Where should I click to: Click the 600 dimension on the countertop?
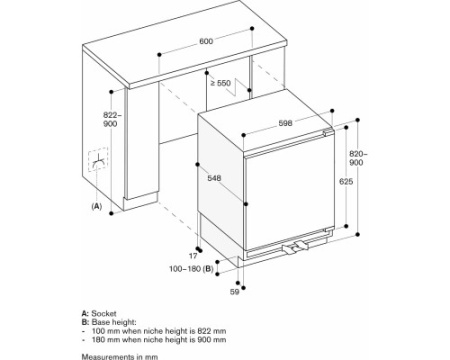pyautogui.click(x=206, y=41)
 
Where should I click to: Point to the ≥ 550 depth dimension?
pyautogui.click(x=220, y=83)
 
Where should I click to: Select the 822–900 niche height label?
pyautogui.click(x=111, y=119)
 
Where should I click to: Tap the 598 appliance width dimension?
pyautogui.click(x=285, y=123)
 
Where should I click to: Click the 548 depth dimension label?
pyautogui.click(x=214, y=178)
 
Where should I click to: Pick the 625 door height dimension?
pyautogui.click(x=346, y=182)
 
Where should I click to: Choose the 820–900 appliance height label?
pyautogui.click(x=358, y=158)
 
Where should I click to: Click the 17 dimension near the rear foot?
pyautogui.click(x=193, y=256)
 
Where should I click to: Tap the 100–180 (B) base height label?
pyautogui.click(x=191, y=268)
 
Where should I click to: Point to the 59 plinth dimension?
pyautogui.click(x=235, y=292)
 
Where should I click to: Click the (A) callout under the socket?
pyautogui.click(x=96, y=206)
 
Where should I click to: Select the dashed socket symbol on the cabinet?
pyautogui.click(x=98, y=160)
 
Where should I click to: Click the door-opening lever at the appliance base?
pyautogui.click(x=295, y=248)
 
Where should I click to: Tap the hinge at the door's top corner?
pyautogui.click(x=328, y=132)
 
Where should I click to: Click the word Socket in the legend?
pyautogui.click(x=104, y=314)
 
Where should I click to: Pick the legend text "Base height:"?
pyautogui.click(x=114, y=322)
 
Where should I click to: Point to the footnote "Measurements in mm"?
pyautogui.click(x=120, y=357)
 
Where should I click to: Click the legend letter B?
pyautogui.click(x=85, y=322)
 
